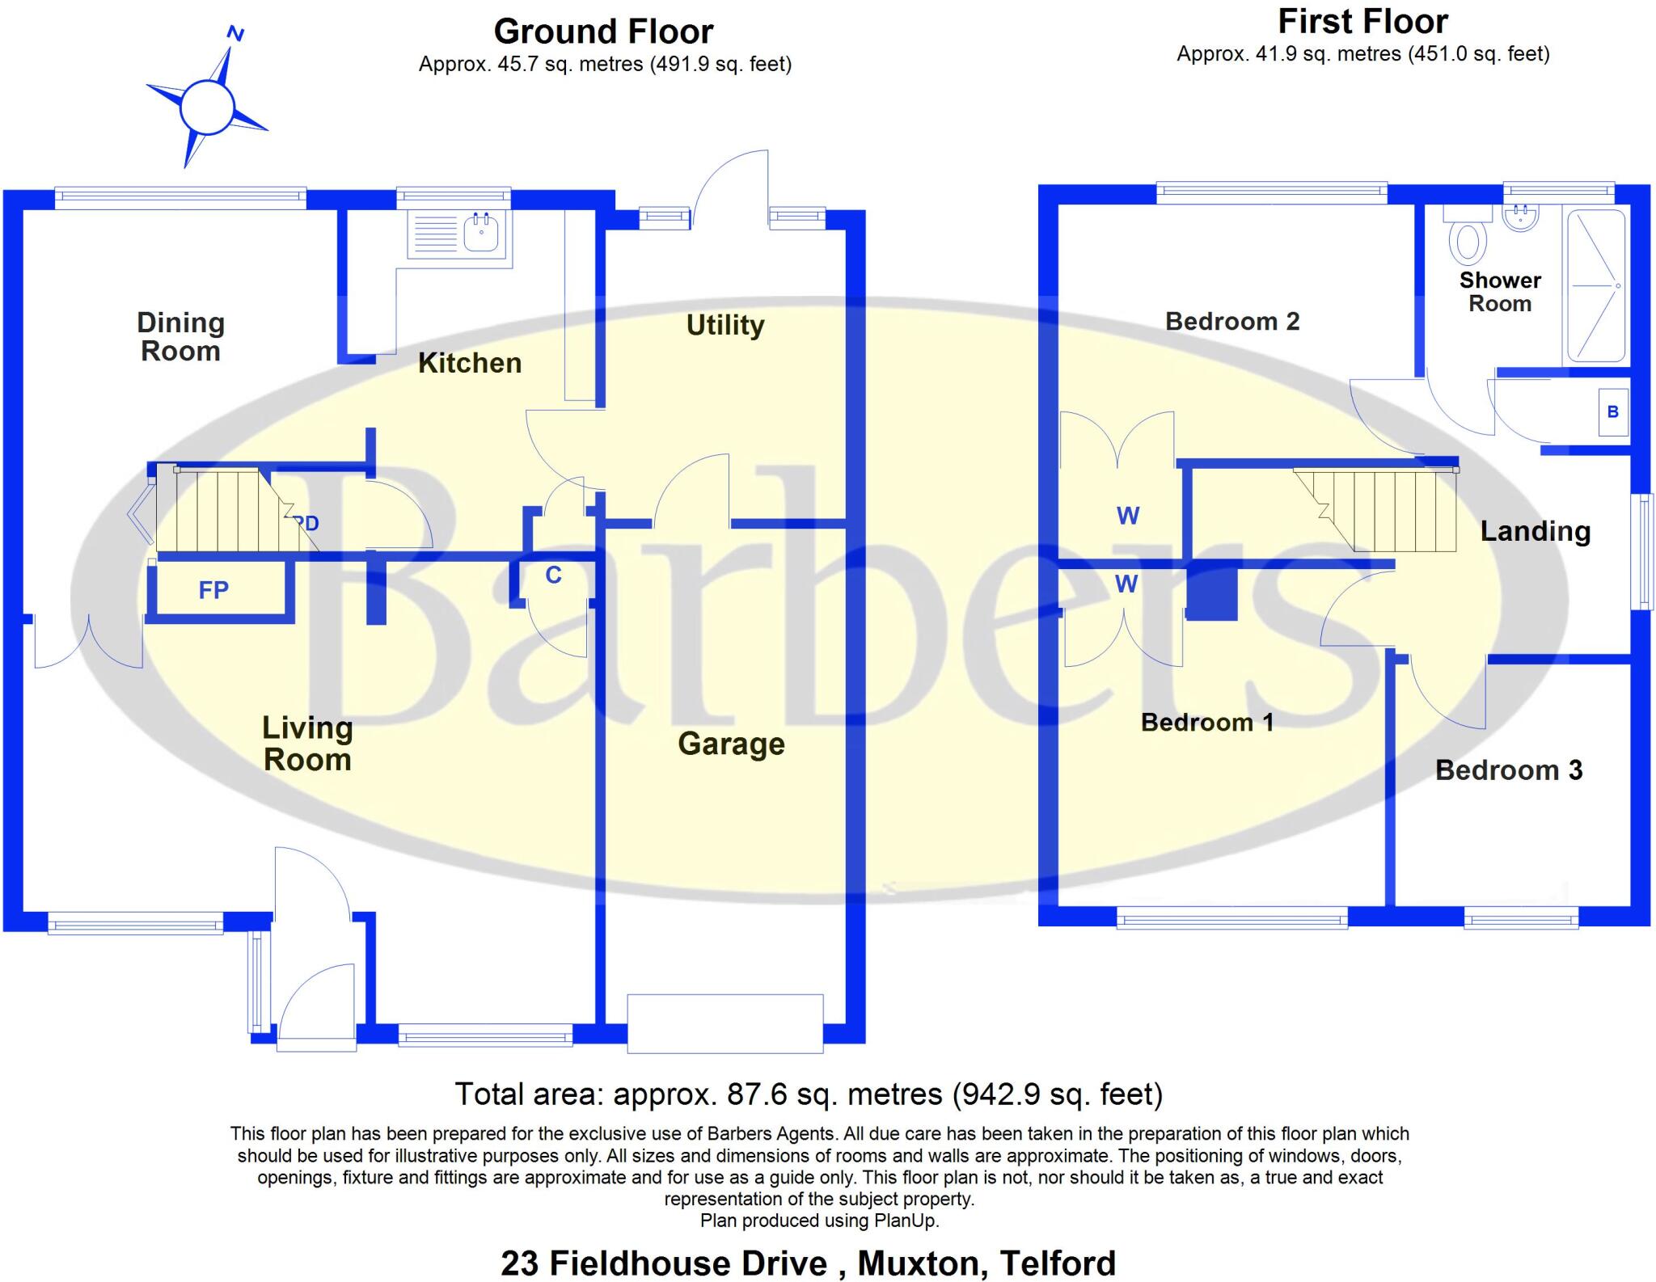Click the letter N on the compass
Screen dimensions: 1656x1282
235,33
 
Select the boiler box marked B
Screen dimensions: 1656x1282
1613,412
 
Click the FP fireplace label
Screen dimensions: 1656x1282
213,590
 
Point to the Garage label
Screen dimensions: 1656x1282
731,744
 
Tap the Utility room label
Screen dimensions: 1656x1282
725,325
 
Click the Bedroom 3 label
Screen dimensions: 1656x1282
1509,770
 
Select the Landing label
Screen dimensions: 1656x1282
1536,531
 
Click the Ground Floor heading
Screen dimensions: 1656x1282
603,32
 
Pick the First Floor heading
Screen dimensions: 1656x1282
1362,22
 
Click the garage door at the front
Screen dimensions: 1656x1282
725,1023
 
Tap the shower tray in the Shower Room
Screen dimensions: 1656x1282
1595,285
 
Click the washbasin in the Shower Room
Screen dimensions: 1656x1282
1521,216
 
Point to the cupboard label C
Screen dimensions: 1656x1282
553,575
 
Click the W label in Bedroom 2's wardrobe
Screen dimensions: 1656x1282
1128,515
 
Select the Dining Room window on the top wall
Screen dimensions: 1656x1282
180,197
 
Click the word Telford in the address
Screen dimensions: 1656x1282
1058,1263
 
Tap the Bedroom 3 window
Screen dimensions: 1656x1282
1521,918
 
